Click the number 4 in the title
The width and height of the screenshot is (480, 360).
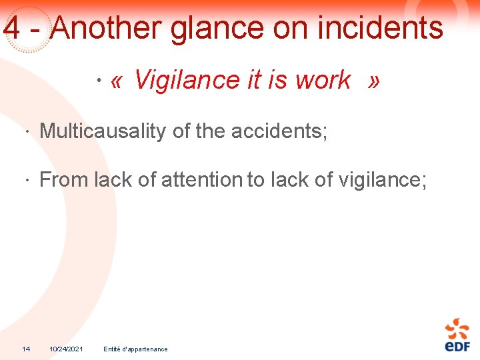click(x=11, y=29)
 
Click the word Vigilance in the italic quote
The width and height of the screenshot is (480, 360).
click(x=187, y=81)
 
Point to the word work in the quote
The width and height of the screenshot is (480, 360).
click(x=323, y=81)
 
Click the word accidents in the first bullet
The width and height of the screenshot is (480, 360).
click(x=279, y=131)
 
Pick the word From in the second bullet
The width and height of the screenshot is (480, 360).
click(x=64, y=179)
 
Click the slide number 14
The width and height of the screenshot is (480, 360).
click(x=26, y=349)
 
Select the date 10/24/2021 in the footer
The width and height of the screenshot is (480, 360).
click(x=66, y=349)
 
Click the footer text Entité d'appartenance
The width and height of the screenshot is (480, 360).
click(x=136, y=349)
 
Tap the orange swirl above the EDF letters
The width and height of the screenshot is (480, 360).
click(x=457, y=329)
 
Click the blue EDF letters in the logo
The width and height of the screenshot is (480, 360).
click(x=457, y=346)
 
